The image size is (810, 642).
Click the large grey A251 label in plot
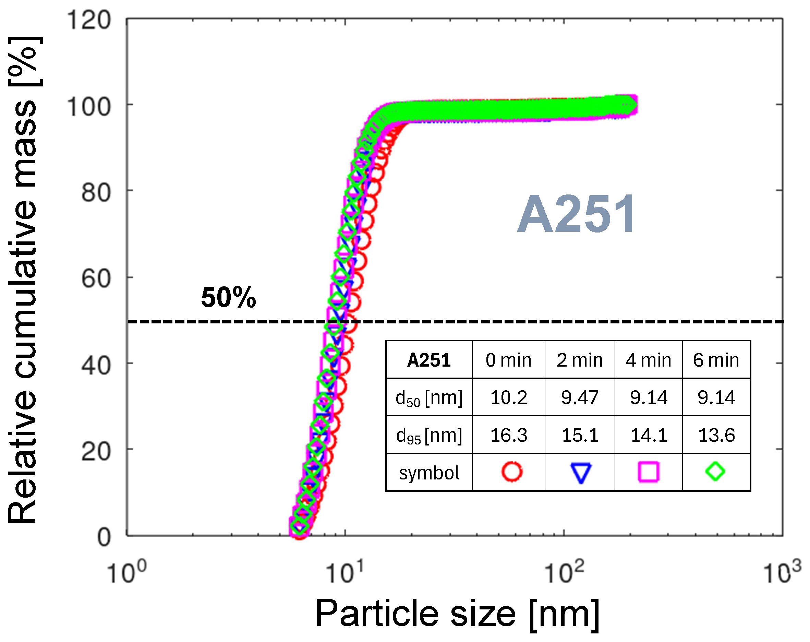tap(577, 215)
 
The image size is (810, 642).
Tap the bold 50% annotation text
tap(228, 297)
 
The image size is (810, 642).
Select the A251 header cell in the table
tap(429, 360)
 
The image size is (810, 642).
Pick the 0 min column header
tap(508, 360)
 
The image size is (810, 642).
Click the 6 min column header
tap(716, 360)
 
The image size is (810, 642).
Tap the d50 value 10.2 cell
tap(509, 397)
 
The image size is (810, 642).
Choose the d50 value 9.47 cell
tap(579, 397)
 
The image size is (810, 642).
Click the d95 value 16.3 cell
tap(509, 435)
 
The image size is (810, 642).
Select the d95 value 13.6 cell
tap(716, 435)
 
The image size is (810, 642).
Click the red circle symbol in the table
tap(512, 472)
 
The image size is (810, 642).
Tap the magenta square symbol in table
tap(649, 472)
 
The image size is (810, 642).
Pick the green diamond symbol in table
tap(715, 471)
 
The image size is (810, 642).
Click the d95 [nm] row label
tap(429, 435)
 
